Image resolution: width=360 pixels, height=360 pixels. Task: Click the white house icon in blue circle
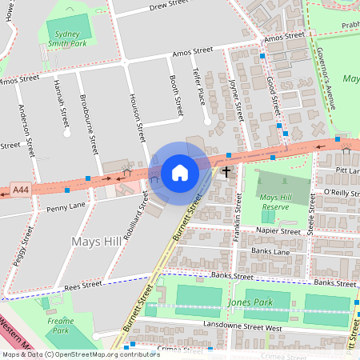pyautogui.click(x=180, y=172)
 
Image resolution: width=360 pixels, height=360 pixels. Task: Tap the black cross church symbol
pyautogui.click(x=226, y=171)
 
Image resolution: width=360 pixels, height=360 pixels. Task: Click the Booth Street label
pyautogui.click(x=176, y=95)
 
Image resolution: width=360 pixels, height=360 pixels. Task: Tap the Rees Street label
pyautogui.click(x=84, y=284)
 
